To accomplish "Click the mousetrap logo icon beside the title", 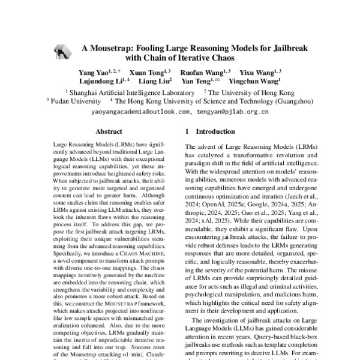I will [x=61, y=52].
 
